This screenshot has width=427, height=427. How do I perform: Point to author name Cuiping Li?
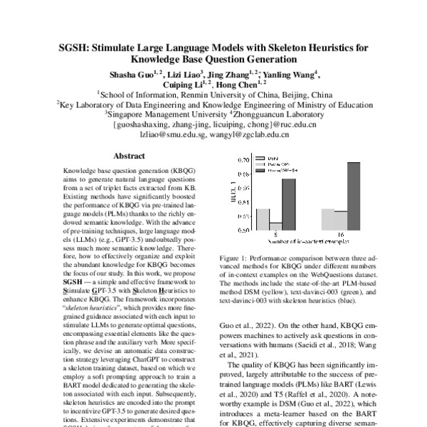tap(182, 84)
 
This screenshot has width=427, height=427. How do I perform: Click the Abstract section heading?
tap(130, 156)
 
